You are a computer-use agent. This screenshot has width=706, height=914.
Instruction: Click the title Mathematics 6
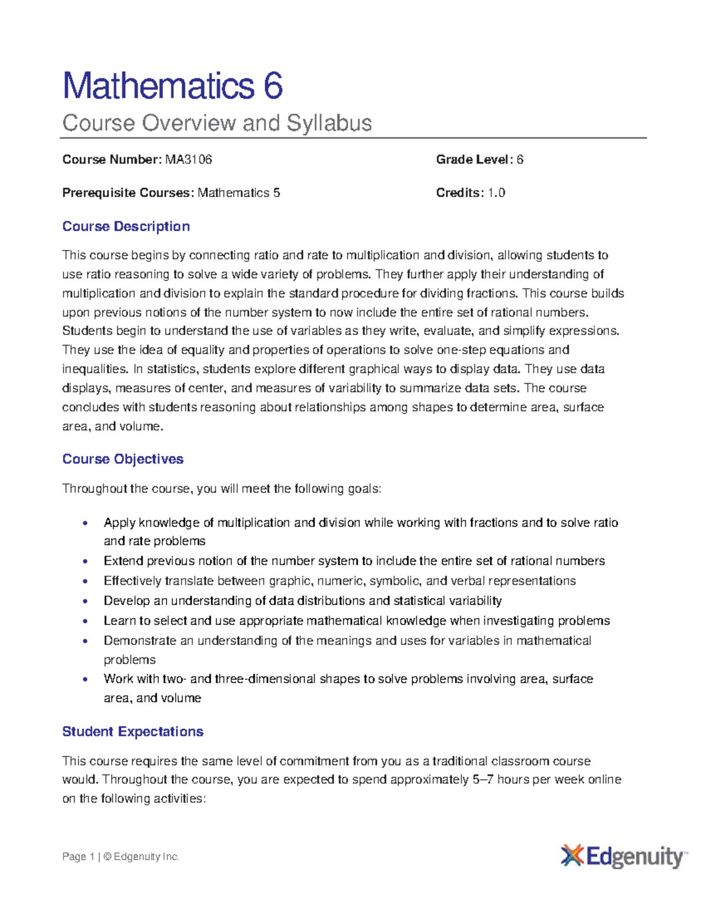pyautogui.click(x=172, y=86)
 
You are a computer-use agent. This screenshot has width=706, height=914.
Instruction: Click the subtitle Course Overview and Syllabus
pyautogui.click(x=217, y=123)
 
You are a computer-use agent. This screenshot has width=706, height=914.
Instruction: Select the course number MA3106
pyautogui.click(x=188, y=159)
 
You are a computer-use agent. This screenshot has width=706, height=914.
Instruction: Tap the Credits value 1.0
pyautogui.click(x=496, y=193)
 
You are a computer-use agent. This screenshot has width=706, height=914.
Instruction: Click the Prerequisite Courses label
pyautogui.click(x=127, y=193)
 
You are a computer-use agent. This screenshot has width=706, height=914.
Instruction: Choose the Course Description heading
pyautogui.click(x=126, y=227)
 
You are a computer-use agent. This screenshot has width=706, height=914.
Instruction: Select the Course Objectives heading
pyautogui.click(x=122, y=459)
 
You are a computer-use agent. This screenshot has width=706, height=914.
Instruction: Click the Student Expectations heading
pyautogui.click(x=132, y=732)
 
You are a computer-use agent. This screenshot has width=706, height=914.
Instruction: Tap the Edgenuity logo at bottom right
pyautogui.click(x=624, y=856)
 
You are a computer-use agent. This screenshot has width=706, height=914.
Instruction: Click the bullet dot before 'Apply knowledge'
pyautogui.click(x=86, y=523)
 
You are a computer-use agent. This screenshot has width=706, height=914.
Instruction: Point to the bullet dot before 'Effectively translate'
pyautogui.click(x=86, y=581)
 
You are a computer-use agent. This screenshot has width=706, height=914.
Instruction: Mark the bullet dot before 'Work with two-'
pyautogui.click(x=86, y=679)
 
